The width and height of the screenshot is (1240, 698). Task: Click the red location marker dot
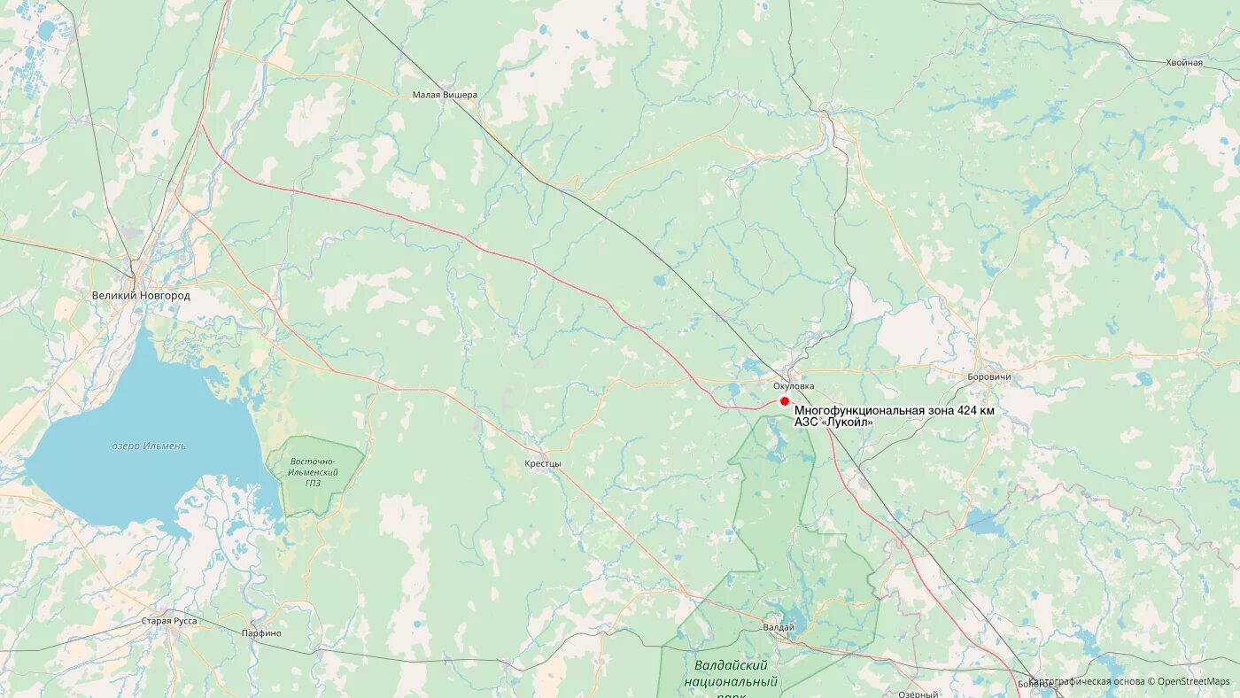tap(784, 401)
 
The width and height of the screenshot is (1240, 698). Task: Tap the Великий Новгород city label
tap(141, 295)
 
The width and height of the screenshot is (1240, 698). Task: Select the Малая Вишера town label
tap(445, 95)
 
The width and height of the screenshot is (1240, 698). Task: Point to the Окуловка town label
tap(793, 385)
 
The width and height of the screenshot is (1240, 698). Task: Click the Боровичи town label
tap(989, 376)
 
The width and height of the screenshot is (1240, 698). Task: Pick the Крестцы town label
tap(543, 463)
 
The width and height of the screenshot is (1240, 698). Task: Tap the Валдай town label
tap(779, 627)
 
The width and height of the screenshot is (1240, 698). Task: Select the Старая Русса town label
tap(169, 621)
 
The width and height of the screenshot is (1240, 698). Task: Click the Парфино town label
tap(261, 633)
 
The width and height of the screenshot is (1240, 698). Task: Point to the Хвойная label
tap(1184, 62)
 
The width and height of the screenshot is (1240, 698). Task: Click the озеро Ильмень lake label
tap(149, 446)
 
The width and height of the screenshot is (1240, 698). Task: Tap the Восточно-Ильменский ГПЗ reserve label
tap(314, 472)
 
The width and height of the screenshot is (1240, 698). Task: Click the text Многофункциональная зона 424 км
tap(894, 410)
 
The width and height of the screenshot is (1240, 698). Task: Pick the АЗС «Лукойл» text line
tap(833, 423)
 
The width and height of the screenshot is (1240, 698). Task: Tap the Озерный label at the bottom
tap(918, 694)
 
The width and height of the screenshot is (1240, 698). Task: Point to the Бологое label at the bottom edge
tap(1035, 684)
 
